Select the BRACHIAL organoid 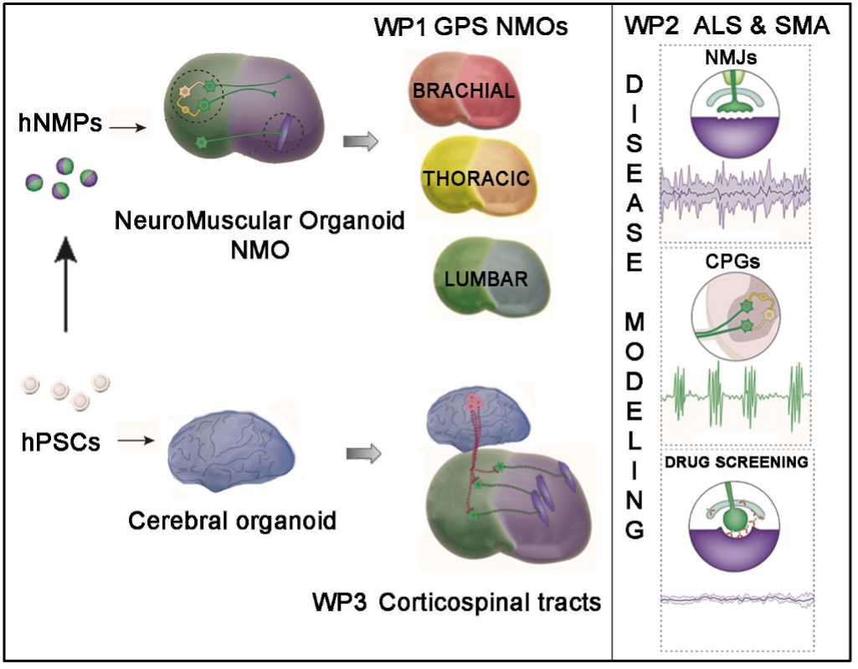click(x=462, y=90)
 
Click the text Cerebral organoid click(x=232, y=521)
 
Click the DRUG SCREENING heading click(x=733, y=461)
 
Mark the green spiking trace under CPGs click(x=733, y=393)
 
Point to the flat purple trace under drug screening click(x=733, y=600)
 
